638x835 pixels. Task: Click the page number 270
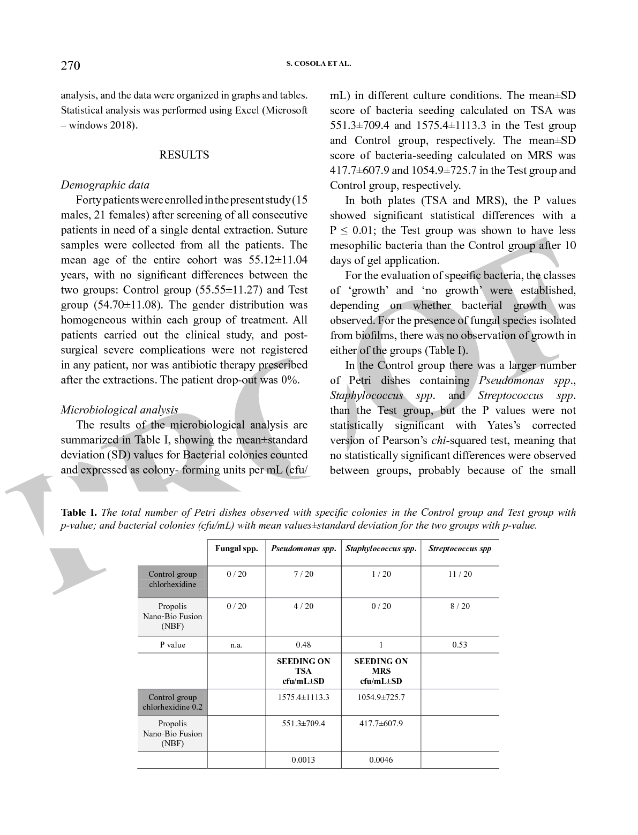click(x=70, y=65)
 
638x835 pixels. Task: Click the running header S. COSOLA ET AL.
click(x=319, y=63)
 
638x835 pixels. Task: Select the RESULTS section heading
click(x=184, y=155)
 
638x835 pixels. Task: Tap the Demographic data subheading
click(x=105, y=185)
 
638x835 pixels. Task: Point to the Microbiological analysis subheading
click(x=119, y=410)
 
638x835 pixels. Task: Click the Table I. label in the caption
click(x=79, y=513)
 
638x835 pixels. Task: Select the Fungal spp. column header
click(x=236, y=548)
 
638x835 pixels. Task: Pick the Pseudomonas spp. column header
click(x=303, y=548)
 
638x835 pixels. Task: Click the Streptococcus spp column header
click(x=460, y=548)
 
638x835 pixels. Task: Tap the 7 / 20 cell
click(x=303, y=574)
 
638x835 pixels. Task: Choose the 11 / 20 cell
click(x=460, y=574)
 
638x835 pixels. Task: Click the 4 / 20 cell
click(x=303, y=606)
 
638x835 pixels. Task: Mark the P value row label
click(x=172, y=645)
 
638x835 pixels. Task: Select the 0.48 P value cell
click(x=303, y=645)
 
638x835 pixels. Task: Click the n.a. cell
click(x=236, y=645)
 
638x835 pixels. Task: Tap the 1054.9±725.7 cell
click(x=381, y=697)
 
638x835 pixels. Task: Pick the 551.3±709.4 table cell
click(x=303, y=724)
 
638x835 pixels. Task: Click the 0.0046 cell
click(x=381, y=760)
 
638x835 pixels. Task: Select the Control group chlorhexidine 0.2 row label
click(x=172, y=702)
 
